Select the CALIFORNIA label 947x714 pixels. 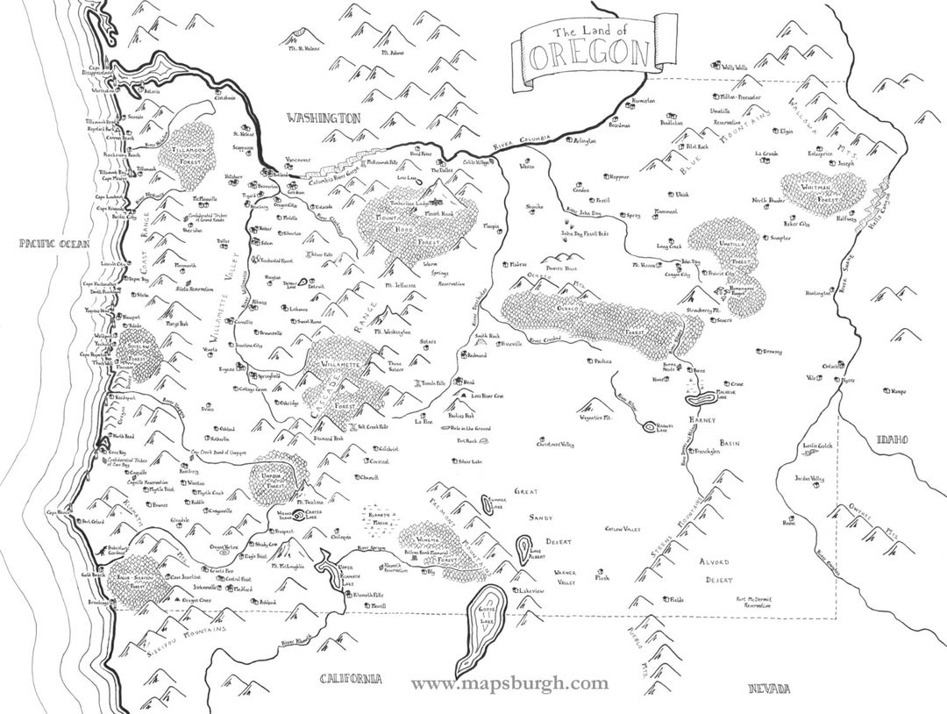click(x=351, y=678)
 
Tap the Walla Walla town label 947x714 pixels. click(x=734, y=67)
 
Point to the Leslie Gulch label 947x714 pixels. click(x=820, y=445)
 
